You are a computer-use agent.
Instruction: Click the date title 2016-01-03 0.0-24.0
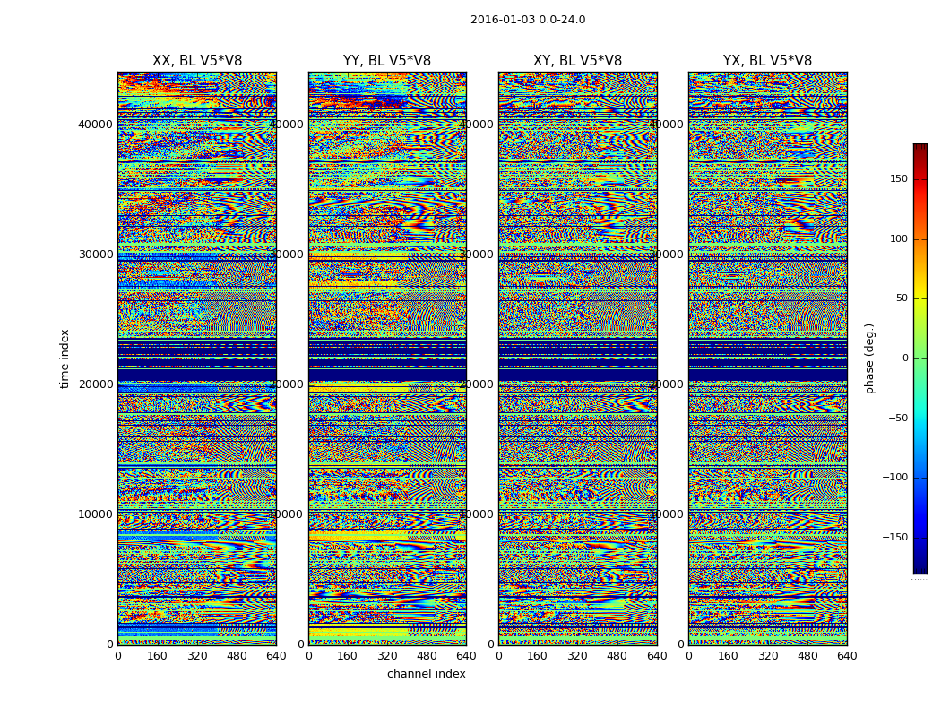(528, 20)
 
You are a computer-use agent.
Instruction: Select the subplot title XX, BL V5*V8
(197, 61)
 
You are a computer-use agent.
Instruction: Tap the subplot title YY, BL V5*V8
(387, 61)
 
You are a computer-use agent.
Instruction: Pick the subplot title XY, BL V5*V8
(577, 61)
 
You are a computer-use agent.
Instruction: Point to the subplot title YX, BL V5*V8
(767, 61)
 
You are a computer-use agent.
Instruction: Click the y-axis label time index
(65, 358)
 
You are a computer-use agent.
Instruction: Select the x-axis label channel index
(427, 674)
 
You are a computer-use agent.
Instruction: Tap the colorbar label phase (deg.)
(869, 358)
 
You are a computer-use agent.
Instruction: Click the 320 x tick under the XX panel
(197, 656)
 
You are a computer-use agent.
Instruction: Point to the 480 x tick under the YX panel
(807, 656)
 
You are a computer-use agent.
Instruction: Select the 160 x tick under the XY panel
(538, 656)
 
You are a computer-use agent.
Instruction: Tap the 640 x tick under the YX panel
(847, 656)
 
